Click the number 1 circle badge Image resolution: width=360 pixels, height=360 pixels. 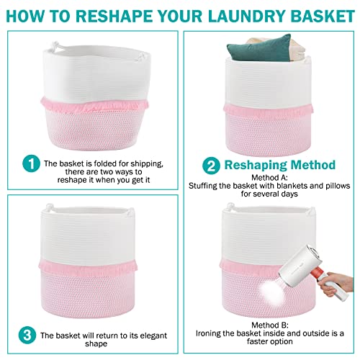29,164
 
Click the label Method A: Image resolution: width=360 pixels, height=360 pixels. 270,176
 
